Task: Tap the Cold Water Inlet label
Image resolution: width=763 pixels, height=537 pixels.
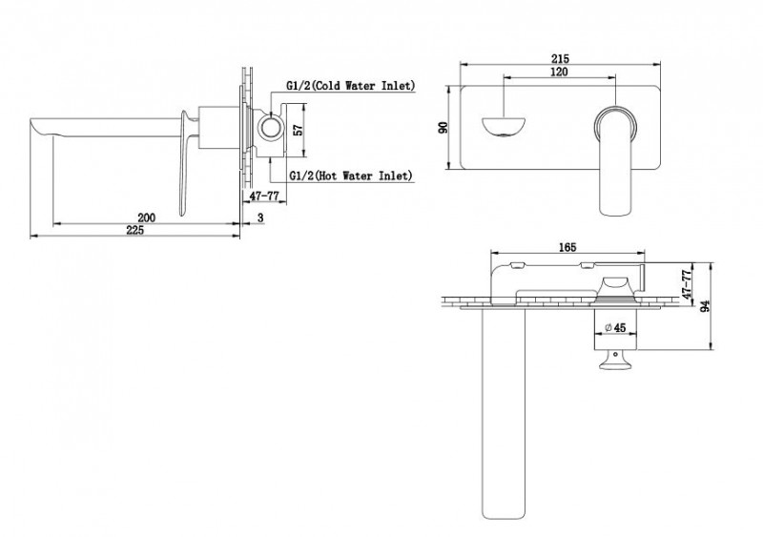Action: (x=349, y=86)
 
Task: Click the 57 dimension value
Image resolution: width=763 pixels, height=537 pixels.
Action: (x=298, y=131)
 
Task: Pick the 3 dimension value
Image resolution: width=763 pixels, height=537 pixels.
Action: (x=261, y=218)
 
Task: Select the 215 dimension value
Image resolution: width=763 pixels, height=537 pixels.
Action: (x=560, y=58)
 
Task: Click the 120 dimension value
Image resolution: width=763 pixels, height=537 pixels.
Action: (x=561, y=73)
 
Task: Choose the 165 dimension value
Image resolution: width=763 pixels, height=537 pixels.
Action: (x=567, y=249)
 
